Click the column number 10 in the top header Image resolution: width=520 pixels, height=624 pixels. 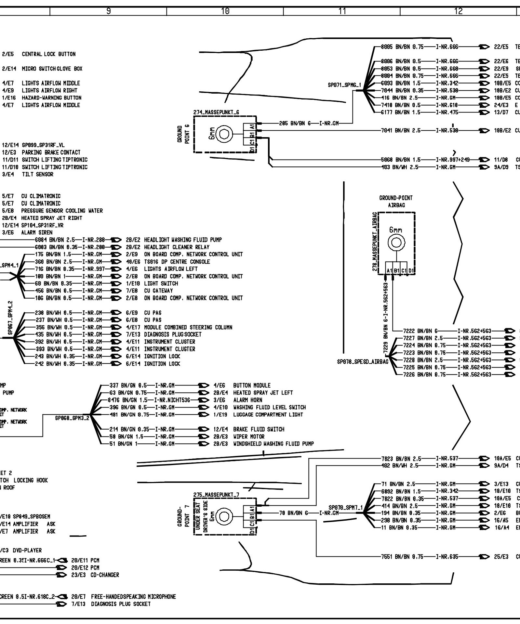(225, 11)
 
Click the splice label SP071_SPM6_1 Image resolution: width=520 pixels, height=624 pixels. (344, 85)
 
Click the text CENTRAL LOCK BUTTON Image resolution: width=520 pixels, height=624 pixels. (49, 54)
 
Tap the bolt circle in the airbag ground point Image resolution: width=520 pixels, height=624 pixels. (396, 242)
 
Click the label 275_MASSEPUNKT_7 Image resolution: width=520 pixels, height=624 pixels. (216, 495)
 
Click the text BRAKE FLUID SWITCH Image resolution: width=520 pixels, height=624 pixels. (259, 429)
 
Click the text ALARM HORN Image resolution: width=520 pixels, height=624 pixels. (248, 400)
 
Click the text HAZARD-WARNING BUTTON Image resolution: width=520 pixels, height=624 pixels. (52, 97)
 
